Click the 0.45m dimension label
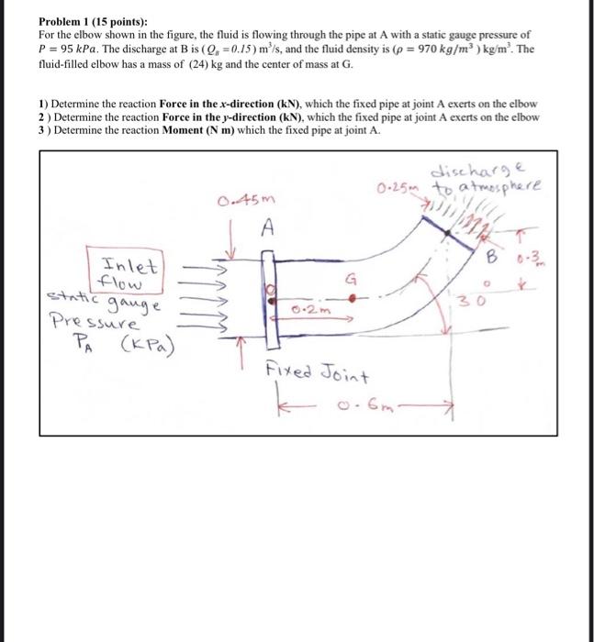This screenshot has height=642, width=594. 240,200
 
